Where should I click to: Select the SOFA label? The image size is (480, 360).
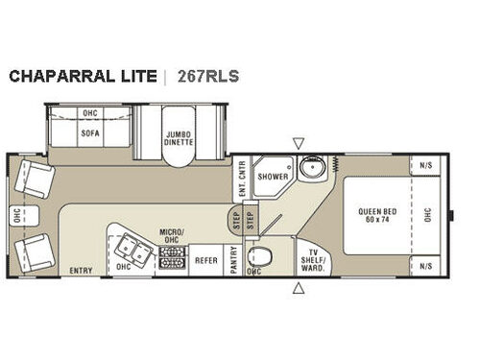click(91, 133)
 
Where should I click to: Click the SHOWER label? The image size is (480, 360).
click(273, 177)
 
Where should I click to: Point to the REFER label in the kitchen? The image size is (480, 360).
click(205, 259)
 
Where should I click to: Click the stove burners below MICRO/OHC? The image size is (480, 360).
click(173, 256)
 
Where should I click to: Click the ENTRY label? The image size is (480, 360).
click(81, 272)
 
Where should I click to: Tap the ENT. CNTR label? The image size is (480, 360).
click(242, 177)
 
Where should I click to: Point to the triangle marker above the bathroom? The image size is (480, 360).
click(299, 143)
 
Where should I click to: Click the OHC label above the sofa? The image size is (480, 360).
click(91, 112)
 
